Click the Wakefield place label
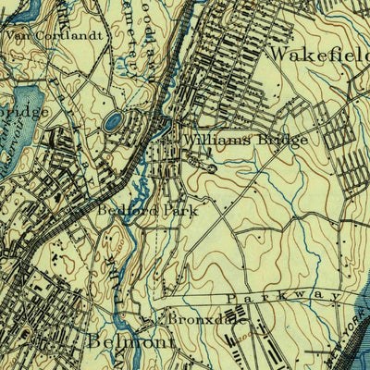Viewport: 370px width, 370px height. pos(318,55)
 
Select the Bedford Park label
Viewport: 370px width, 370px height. pos(147,210)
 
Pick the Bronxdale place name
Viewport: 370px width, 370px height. pos(195,318)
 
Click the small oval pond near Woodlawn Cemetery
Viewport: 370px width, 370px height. pos(114,121)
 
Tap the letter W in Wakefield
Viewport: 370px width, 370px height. pos(276,55)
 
